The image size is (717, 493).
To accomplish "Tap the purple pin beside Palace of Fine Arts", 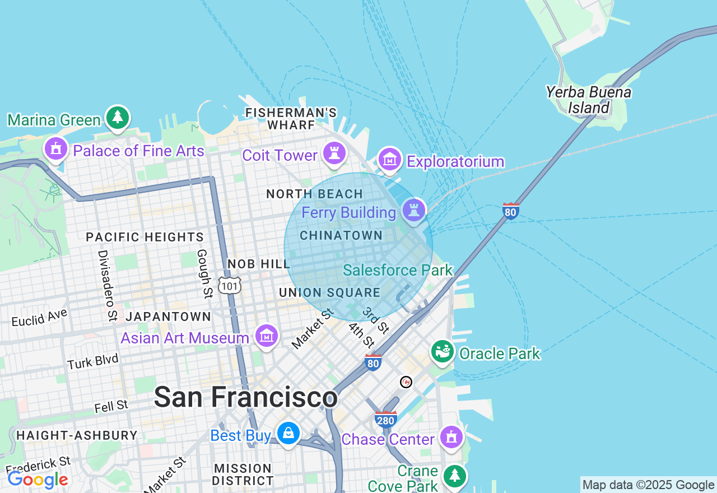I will tap(56, 149).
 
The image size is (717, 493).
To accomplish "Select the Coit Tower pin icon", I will tap(334, 154).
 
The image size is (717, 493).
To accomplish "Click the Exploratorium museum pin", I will tap(390, 160).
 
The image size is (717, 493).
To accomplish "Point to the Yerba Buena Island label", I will tap(588, 100).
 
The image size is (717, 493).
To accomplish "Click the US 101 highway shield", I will tap(230, 286).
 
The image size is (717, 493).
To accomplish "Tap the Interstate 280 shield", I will tap(386, 418).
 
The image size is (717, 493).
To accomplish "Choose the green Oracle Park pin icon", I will tap(443, 351).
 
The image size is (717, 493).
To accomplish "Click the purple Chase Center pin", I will tap(451, 437).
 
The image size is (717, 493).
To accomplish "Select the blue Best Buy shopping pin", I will tap(288, 434).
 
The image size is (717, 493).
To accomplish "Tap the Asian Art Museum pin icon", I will tap(266, 336).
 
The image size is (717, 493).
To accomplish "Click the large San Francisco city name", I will tap(245, 397).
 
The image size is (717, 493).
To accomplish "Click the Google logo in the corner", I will tap(38, 480).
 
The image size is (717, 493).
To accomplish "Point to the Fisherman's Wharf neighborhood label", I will tap(291, 119).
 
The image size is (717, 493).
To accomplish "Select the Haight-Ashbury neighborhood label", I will tap(77, 435).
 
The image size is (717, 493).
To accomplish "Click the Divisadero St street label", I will tap(106, 286).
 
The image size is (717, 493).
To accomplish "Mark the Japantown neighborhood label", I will tap(168, 317).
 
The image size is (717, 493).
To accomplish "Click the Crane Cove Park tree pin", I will tap(454, 476).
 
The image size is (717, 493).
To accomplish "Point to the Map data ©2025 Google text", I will tap(648, 485).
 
